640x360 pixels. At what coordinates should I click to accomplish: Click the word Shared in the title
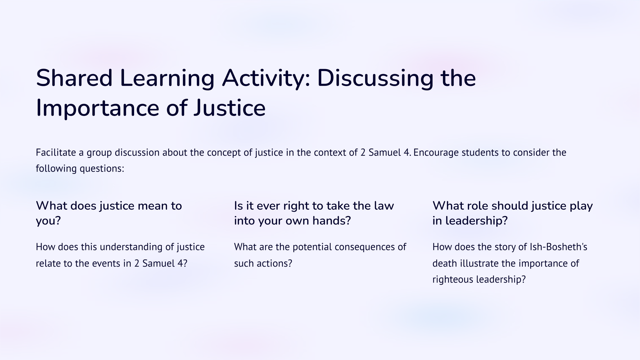click(74, 78)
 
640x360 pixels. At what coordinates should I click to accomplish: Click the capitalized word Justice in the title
click(230, 108)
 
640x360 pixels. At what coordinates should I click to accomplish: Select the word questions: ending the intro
click(102, 169)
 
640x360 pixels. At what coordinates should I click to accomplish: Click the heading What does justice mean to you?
click(109, 213)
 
